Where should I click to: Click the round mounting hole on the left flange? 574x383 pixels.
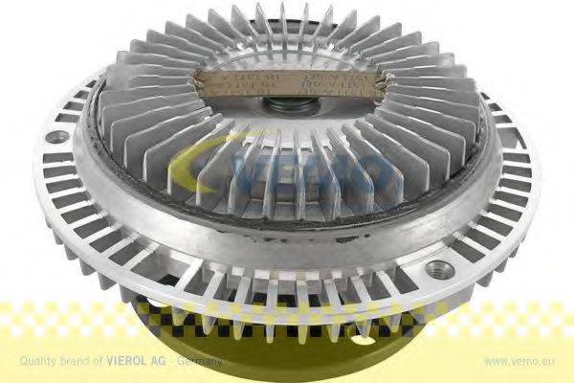58,135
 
